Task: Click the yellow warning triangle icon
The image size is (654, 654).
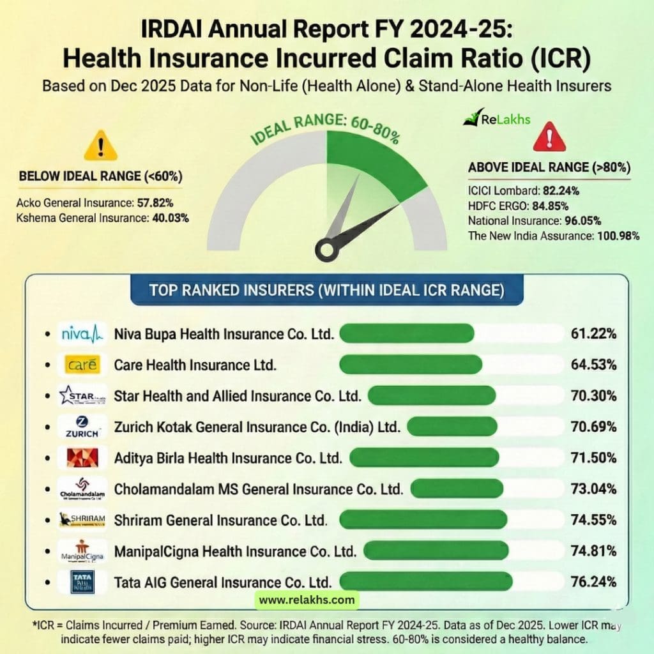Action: [x=100, y=146]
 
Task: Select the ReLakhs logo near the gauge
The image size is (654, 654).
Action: [x=497, y=119]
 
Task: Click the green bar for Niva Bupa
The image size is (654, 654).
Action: [x=407, y=333]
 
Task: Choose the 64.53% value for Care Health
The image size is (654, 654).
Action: [x=594, y=365]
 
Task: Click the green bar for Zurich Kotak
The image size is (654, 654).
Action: [x=452, y=427]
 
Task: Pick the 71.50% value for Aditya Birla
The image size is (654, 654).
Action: [x=594, y=458]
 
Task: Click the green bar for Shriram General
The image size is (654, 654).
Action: [x=423, y=520]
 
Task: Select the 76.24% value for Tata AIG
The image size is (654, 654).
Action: [x=594, y=582]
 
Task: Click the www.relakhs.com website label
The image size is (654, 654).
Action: [x=307, y=600]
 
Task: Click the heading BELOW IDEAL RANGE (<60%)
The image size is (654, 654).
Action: [x=100, y=176]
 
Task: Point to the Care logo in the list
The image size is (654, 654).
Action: [x=82, y=365]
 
